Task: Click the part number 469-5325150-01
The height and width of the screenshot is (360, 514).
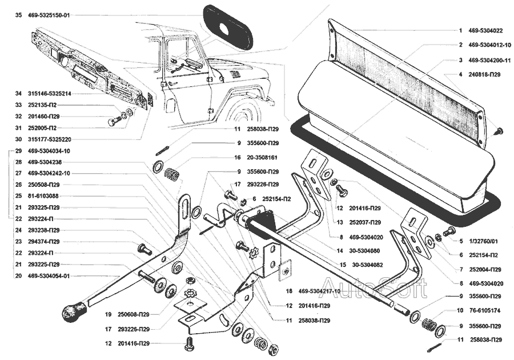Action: (x=49, y=15)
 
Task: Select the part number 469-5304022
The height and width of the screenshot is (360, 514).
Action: (x=485, y=30)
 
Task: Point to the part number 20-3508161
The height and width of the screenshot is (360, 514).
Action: (x=264, y=157)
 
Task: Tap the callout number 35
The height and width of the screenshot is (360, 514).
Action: (x=18, y=15)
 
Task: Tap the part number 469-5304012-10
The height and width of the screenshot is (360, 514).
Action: (x=489, y=45)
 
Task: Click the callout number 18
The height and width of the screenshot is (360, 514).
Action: (x=290, y=291)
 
